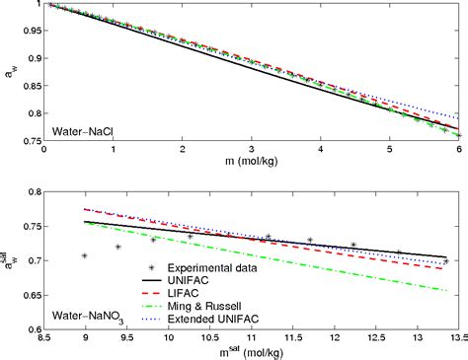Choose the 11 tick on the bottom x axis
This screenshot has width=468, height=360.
click(x=252, y=340)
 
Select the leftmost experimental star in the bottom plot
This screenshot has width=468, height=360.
click(x=85, y=255)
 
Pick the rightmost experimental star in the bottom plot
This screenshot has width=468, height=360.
click(x=445, y=261)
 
